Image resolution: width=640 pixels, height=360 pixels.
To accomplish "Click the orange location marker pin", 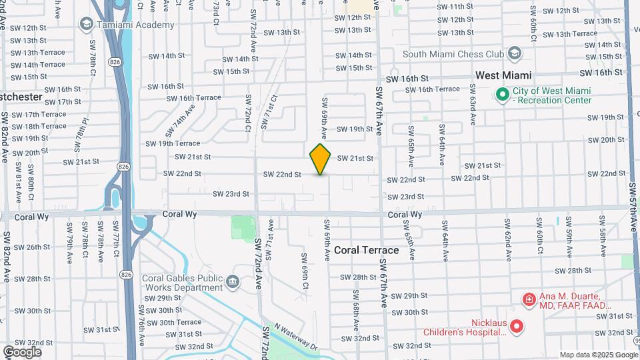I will coord(321,159).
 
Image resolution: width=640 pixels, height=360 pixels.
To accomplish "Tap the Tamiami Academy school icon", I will coord(86,25).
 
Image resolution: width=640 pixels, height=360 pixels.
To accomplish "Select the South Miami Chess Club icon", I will coord(515,53).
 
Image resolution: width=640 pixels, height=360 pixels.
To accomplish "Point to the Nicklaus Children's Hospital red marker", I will coord(517,327).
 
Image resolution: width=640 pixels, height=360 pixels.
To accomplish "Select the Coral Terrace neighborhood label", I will coord(366,250).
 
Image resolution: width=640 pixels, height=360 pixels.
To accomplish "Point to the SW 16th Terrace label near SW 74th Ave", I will coord(194,97).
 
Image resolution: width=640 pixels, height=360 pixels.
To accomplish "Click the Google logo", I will coord(21,351).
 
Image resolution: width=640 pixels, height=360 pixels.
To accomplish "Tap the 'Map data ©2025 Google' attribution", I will coord(597,355).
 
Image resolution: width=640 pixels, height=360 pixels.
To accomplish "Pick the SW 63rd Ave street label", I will coord(473,105).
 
